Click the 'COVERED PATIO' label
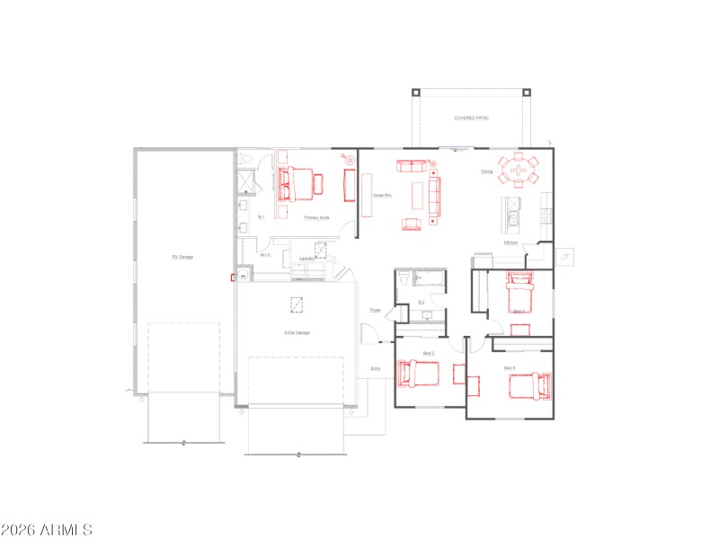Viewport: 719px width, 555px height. click(471, 118)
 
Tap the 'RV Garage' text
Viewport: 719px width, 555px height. click(182, 257)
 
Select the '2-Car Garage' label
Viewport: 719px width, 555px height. click(297, 333)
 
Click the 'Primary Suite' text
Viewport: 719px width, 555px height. click(316, 217)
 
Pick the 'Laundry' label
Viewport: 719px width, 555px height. click(306, 259)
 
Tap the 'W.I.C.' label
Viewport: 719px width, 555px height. click(265, 255)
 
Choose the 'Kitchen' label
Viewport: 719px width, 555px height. click(510, 243)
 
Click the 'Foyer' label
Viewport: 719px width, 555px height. click(376, 311)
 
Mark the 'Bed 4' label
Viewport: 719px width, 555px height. click(509, 368)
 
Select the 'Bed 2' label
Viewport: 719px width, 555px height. click(429, 354)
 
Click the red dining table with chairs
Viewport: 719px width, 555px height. click(519, 169)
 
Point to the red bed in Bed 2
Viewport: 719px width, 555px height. click(418, 373)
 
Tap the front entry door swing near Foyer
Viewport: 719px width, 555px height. click(368, 333)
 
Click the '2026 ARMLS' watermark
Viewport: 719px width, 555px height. click(47, 530)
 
